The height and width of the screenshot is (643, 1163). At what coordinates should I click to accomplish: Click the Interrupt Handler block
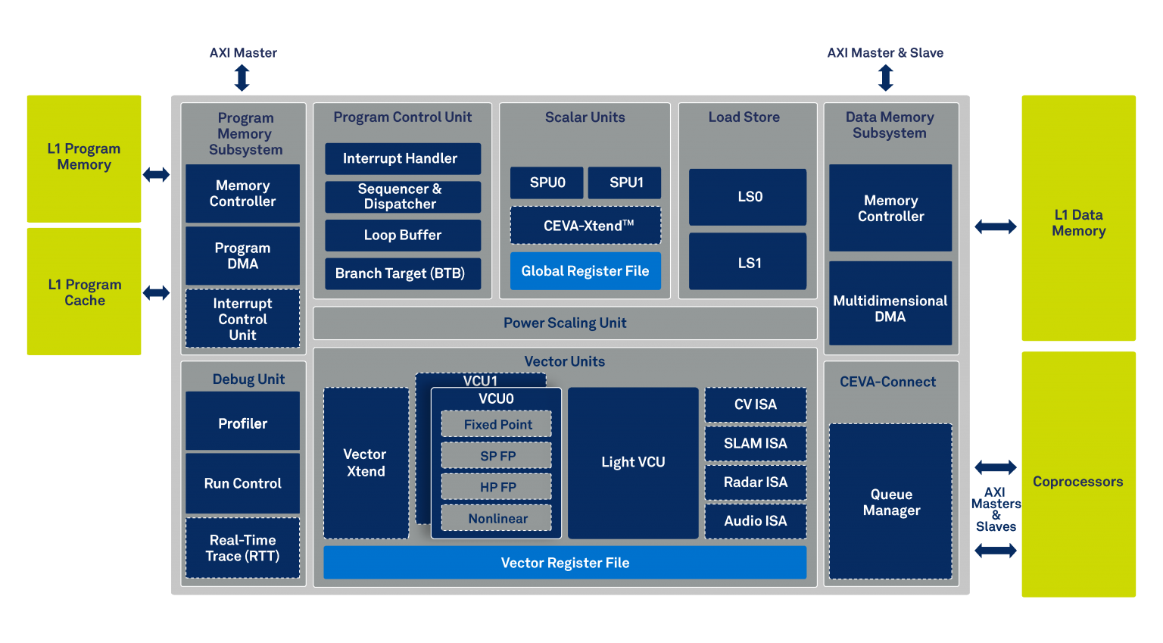pyautogui.click(x=403, y=158)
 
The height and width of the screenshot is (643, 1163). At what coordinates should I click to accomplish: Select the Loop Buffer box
pyautogui.click(x=403, y=236)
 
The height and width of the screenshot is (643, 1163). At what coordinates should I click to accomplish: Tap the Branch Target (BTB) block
pyautogui.click(x=403, y=273)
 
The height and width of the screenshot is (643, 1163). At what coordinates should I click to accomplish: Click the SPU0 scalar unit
pyautogui.click(x=547, y=183)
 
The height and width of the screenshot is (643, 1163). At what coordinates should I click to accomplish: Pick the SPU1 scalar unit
pyautogui.click(x=625, y=183)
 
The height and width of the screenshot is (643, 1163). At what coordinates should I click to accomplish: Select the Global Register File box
pyautogui.click(x=585, y=271)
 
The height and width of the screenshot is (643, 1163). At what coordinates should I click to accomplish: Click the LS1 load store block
pyautogui.click(x=748, y=262)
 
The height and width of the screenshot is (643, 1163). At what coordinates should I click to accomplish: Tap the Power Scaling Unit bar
pyautogui.click(x=565, y=323)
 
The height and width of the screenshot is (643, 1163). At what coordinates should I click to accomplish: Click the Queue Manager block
pyautogui.click(x=890, y=501)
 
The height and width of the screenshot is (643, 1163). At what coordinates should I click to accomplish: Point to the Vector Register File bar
pyautogui.click(x=565, y=563)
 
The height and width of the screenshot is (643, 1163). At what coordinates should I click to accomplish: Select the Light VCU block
pyautogui.click(x=633, y=463)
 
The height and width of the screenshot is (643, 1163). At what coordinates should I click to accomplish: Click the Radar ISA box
pyautogui.click(x=756, y=482)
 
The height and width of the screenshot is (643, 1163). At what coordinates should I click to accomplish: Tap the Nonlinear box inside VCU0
pyautogui.click(x=497, y=519)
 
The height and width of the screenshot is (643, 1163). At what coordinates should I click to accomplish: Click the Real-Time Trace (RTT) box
pyautogui.click(x=242, y=548)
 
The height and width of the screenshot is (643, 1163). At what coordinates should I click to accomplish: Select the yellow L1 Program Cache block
pyautogui.click(x=84, y=292)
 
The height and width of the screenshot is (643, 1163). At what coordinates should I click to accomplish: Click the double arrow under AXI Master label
pyautogui.click(x=242, y=78)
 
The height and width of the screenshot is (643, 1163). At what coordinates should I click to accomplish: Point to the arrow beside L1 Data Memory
pyautogui.click(x=995, y=226)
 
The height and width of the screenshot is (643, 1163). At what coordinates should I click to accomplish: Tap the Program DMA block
pyautogui.click(x=242, y=255)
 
